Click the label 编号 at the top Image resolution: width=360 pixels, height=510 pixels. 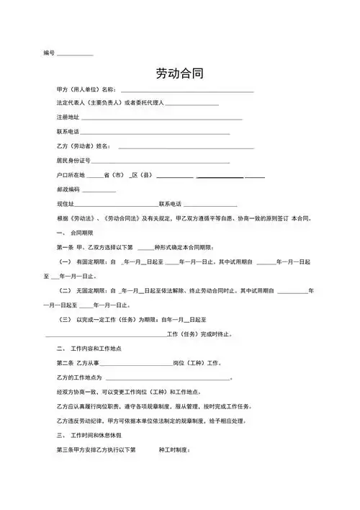[x=49, y=54]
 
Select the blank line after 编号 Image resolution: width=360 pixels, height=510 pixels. [x=75, y=55]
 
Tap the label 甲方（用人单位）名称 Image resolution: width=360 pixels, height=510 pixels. [x=85, y=89]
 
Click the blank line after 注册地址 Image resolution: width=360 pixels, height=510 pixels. [x=155, y=119]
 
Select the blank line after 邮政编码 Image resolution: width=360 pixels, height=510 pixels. [x=99, y=191]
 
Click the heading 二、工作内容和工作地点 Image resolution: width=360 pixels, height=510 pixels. [x=87, y=349]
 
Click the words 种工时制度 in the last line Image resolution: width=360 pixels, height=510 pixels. [x=174, y=450]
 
